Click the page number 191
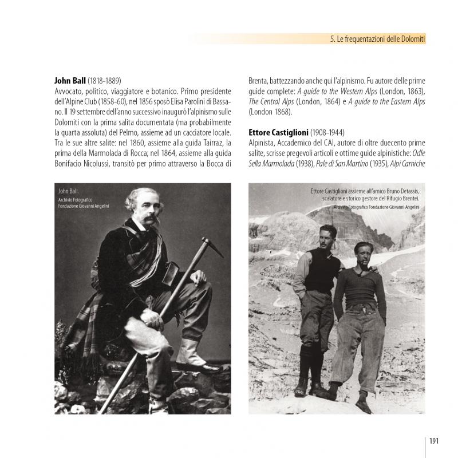433,440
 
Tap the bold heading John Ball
69,81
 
